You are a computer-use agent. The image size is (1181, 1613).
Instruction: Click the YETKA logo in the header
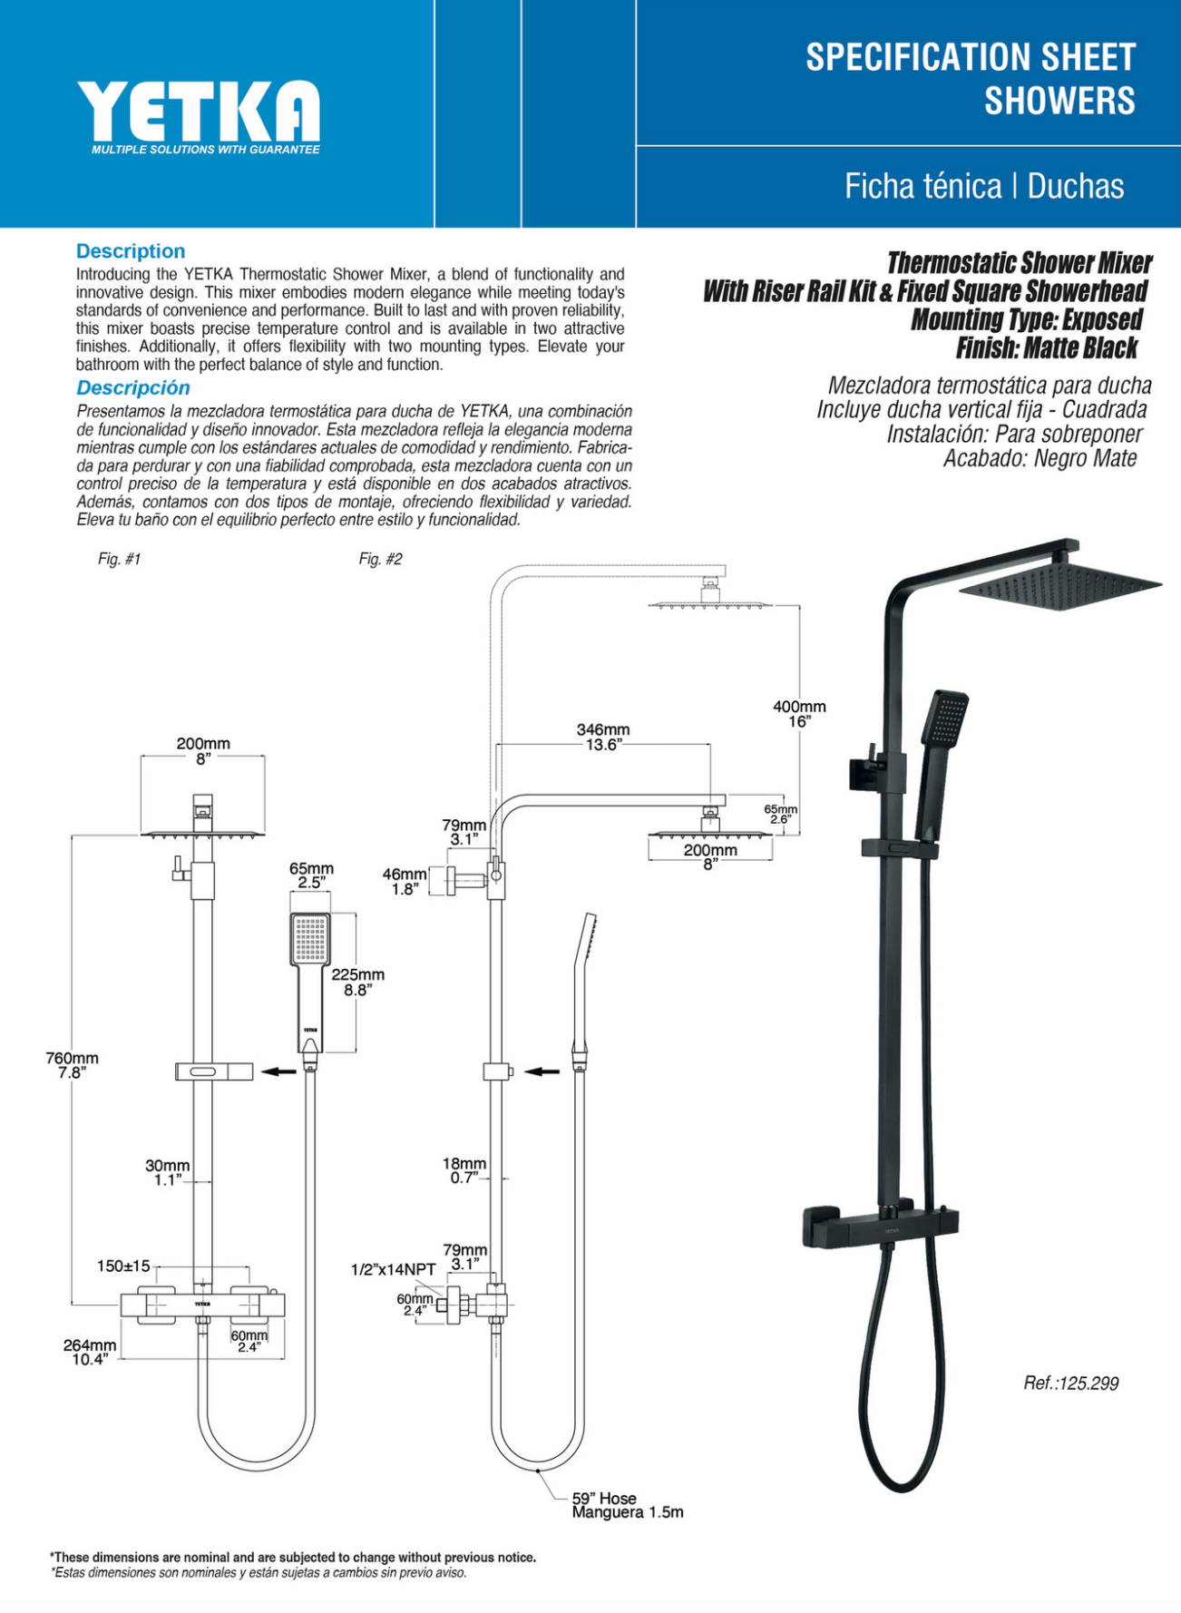199,112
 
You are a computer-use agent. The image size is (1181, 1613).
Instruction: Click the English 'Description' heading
131,251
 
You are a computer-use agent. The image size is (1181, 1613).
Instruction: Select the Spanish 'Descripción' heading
133,388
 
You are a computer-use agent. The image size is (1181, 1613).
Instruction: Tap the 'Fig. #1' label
119,560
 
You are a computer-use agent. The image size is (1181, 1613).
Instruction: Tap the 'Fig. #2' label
380,560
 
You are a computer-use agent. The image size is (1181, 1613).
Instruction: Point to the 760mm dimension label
72,1059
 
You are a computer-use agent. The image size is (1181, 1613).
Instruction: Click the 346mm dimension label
602,730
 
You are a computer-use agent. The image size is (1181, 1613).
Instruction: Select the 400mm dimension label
799,707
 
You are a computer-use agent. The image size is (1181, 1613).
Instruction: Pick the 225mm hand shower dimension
357,975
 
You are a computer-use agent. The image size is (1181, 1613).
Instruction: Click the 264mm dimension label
89,1345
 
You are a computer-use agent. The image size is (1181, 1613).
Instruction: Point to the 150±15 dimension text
123,1266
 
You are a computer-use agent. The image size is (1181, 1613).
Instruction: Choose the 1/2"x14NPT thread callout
393,1269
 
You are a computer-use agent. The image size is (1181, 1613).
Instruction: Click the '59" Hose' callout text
604,1499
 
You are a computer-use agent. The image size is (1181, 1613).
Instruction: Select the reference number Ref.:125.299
1070,1383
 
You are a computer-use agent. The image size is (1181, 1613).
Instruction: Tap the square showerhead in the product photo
1060,582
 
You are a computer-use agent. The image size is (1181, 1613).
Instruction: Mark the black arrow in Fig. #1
279,1071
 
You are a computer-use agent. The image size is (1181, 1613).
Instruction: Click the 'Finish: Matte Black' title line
1046,348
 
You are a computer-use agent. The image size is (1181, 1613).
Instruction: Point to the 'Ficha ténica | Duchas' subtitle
984,187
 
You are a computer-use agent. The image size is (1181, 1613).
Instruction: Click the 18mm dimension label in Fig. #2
464,1164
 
